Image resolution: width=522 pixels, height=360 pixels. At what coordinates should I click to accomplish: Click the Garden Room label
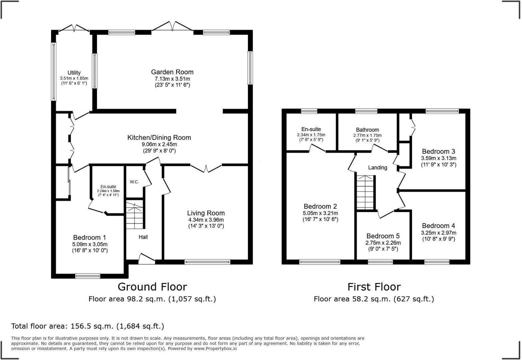[x=172, y=72]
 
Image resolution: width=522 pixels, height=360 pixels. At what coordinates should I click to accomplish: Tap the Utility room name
[x=74, y=73]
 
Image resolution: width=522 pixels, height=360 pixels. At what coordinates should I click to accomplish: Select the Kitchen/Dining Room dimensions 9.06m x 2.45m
[x=159, y=144]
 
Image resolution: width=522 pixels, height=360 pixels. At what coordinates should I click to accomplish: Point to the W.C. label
[x=134, y=182]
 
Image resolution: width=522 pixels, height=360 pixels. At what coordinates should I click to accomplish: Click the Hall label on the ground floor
[x=143, y=237]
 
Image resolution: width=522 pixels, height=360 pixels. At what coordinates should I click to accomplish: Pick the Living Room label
[x=206, y=213]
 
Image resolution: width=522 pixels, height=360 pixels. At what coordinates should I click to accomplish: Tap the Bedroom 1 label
[x=89, y=237]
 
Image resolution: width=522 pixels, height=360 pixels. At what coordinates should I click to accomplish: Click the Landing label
[x=377, y=167]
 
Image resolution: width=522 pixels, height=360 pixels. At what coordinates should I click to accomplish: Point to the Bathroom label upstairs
[x=367, y=130]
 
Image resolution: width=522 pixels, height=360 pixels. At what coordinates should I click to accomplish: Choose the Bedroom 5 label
[x=383, y=236]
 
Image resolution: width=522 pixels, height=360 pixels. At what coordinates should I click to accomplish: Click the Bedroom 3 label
[x=438, y=151]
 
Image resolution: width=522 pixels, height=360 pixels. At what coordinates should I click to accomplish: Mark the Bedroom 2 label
[x=320, y=206]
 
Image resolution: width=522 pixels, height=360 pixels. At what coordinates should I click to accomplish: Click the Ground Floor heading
[x=152, y=287]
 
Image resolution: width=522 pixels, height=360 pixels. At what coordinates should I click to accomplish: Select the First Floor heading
[x=374, y=287]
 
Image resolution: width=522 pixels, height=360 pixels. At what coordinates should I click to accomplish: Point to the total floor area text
[x=88, y=326]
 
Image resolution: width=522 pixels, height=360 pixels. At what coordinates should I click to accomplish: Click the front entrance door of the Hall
[x=147, y=259]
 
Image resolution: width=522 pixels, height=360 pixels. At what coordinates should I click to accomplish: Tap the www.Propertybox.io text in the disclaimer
[x=215, y=348]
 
